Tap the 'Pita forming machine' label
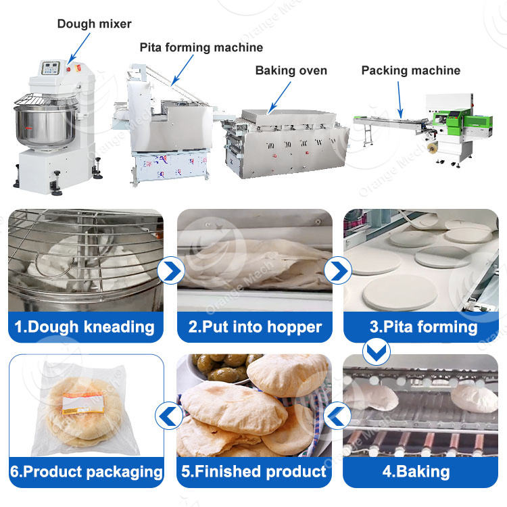click(x=201, y=47)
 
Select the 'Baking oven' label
click(x=291, y=70)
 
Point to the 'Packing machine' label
click(x=410, y=70)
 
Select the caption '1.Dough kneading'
click(x=84, y=327)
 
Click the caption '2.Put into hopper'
click(x=255, y=327)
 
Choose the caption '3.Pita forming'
click(x=424, y=327)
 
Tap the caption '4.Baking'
click(x=424, y=471)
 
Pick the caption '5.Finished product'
click(x=255, y=471)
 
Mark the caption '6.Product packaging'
click(x=86, y=471)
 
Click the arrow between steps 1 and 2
click(x=170, y=271)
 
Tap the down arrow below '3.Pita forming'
click(x=376, y=349)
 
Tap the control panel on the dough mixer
click(x=51, y=68)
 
